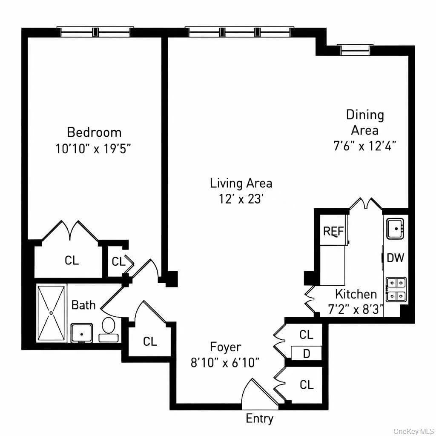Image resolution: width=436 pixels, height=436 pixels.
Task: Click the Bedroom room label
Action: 94,132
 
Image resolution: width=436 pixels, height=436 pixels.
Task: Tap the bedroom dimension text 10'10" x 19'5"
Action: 93,149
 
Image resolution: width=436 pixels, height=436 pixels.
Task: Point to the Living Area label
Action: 241,183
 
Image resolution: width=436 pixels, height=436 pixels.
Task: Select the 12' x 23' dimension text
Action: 241,199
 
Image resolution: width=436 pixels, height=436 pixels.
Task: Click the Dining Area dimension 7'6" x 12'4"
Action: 365,146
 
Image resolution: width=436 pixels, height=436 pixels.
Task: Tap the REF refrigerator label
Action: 333,231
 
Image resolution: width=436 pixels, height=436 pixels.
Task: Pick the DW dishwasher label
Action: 396,258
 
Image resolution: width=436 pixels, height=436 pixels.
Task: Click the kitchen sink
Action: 396,229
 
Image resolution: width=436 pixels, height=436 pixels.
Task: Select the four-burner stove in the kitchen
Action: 396,290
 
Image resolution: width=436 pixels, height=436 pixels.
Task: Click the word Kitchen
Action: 356,294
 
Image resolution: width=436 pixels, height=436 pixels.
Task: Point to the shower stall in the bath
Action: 51,313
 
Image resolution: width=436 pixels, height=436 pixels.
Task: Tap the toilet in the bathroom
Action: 109,330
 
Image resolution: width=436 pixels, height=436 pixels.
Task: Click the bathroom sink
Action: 81,333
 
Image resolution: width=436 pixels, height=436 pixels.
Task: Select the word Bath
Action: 83,305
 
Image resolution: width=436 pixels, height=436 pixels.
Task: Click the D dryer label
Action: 307,354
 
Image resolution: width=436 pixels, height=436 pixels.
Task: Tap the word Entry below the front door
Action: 259,419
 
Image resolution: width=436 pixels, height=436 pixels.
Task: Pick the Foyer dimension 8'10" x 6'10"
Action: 225,363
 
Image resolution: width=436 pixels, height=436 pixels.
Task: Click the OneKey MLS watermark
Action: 413,431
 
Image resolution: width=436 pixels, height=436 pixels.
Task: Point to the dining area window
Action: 355,50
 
